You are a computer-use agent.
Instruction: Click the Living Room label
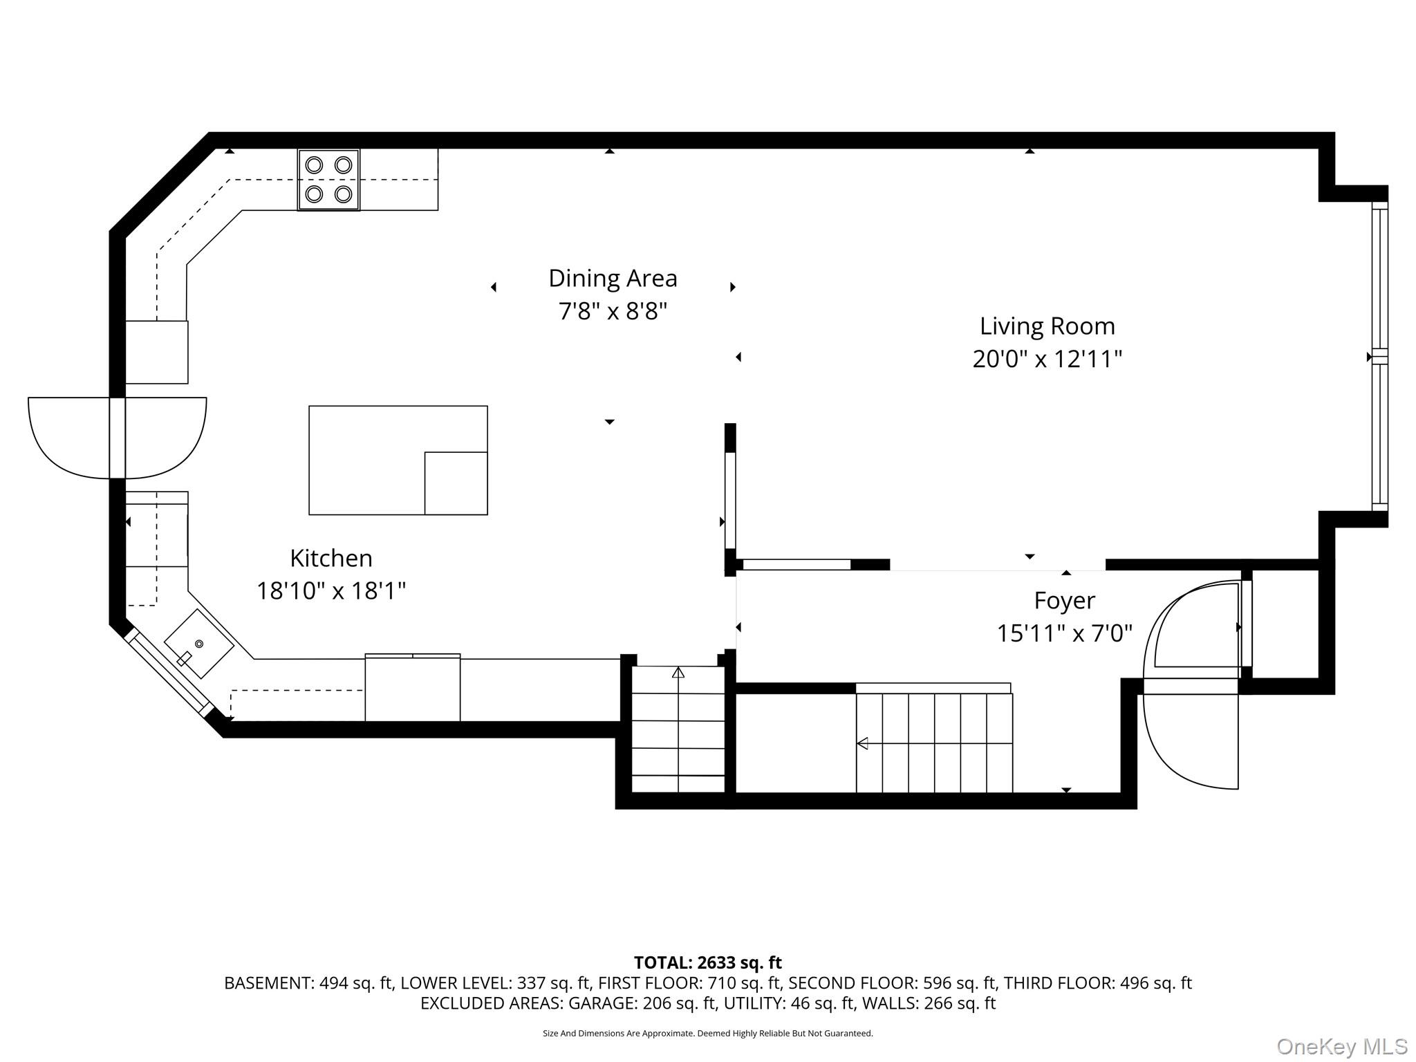1047,326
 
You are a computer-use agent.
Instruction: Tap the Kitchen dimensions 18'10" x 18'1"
330,591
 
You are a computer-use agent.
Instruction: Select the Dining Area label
613,279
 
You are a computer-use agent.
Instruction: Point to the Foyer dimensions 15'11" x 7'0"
1064,633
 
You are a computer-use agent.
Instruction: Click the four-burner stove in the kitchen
328,180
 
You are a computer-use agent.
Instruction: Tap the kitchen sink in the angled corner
198,644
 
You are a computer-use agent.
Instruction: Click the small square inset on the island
456,483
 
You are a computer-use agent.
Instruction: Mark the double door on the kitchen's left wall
118,438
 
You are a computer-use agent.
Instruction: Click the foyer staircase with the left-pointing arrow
934,743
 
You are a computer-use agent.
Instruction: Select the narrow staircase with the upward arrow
678,729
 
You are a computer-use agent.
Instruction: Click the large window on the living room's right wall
1379,356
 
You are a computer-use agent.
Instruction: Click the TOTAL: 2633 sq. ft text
707,962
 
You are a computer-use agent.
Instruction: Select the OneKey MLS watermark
1341,1047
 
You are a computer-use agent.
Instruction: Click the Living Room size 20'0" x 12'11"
1047,360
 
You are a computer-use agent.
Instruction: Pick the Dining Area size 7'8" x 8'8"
613,312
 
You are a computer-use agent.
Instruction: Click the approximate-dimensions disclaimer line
707,1034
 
